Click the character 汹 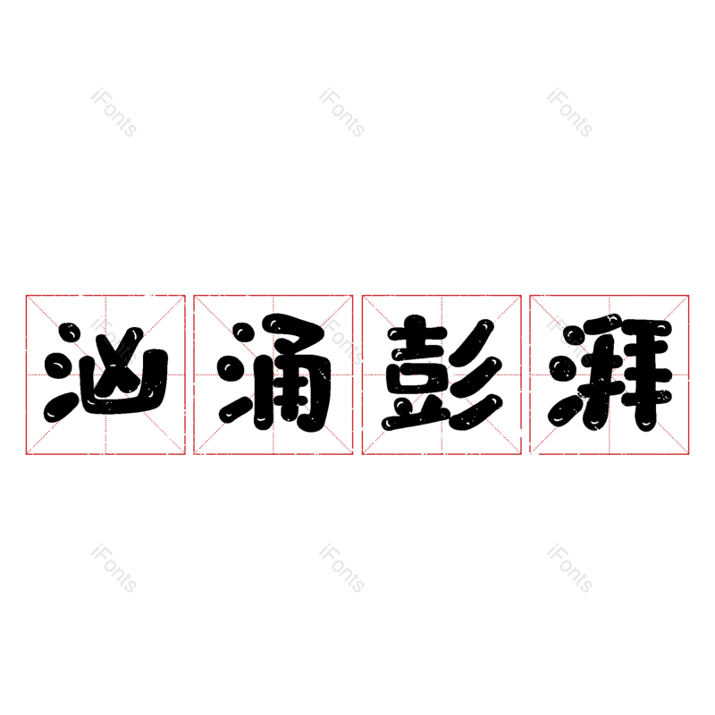coord(105,374)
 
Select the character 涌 coord(273,374)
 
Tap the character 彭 coord(442,374)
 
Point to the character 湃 coord(610,374)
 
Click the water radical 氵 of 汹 coord(61,374)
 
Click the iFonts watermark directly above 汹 coord(114,114)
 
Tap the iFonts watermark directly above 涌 coord(341,114)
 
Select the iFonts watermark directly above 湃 coord(569,114)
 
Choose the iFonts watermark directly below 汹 coord(114,569)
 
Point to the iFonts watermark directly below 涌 coord(341,569)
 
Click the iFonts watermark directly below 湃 coord(569,569)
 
